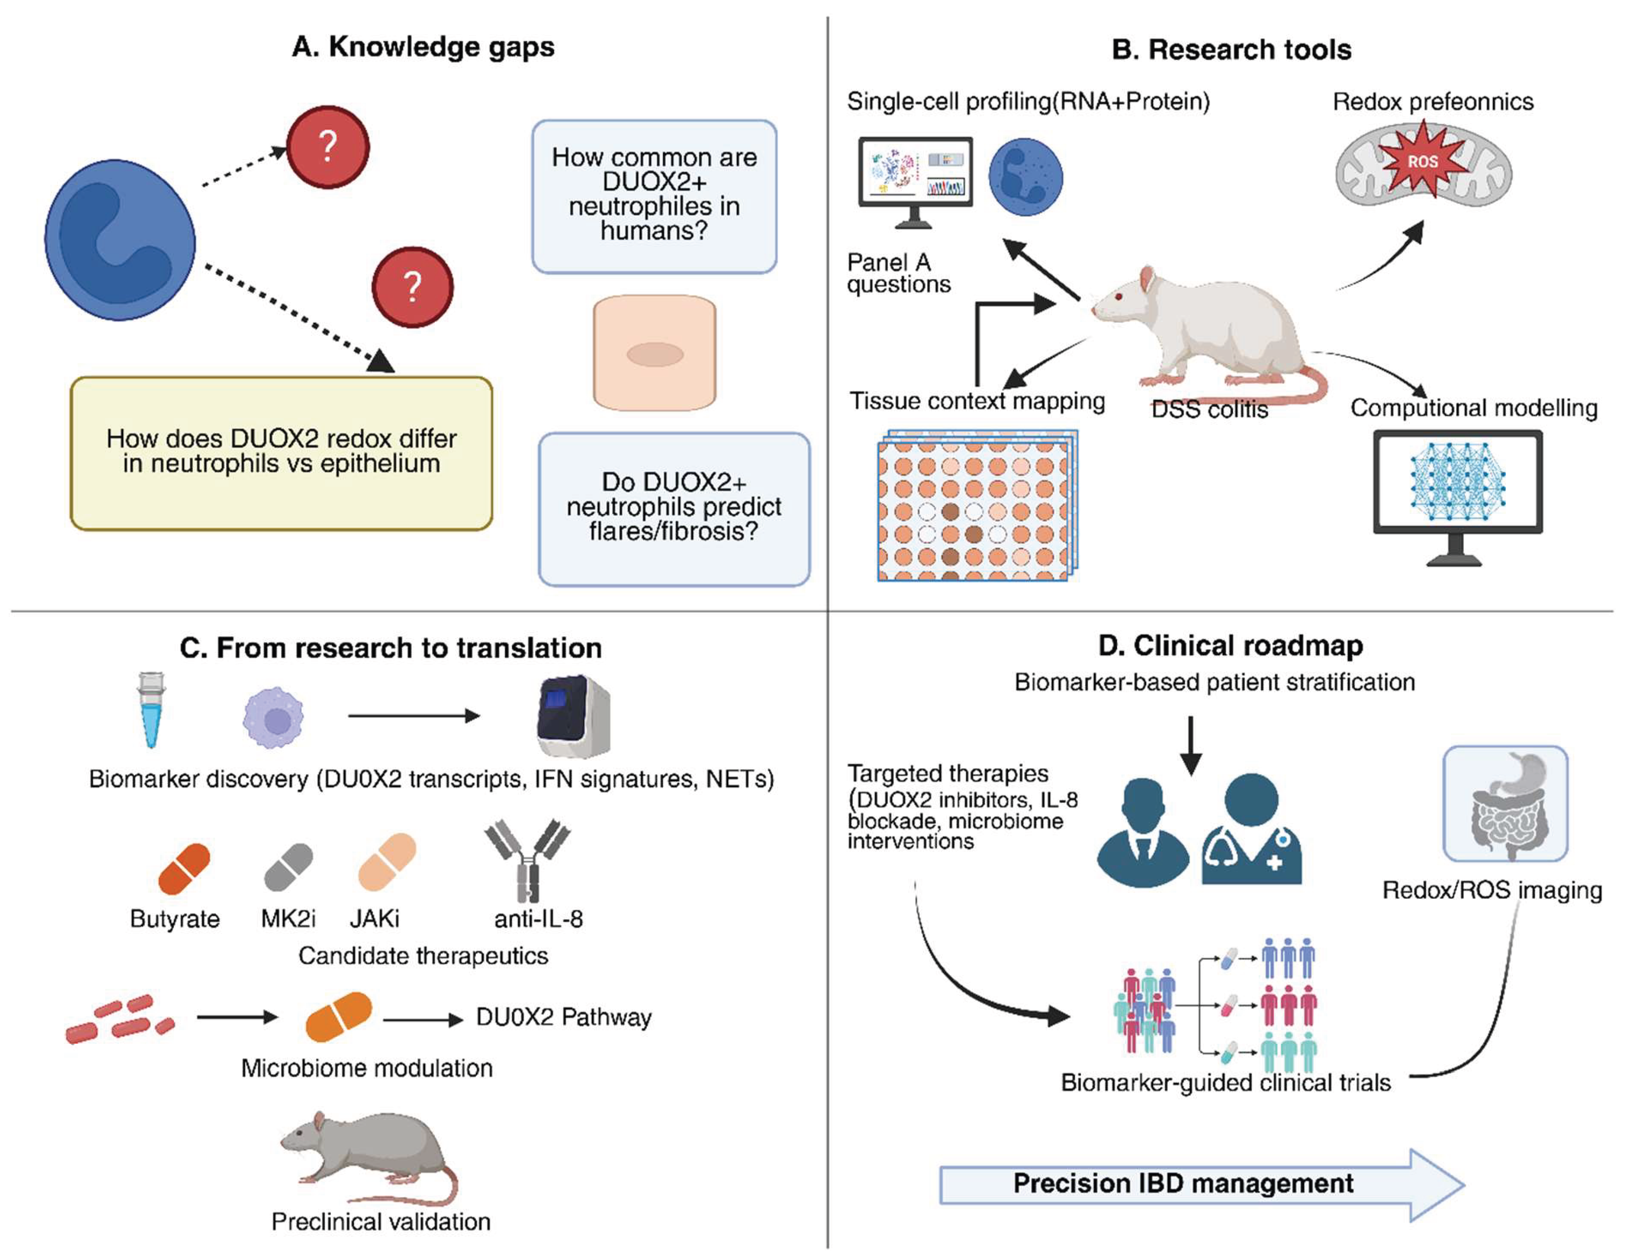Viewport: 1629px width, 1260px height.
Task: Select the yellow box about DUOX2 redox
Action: tap(281, 453)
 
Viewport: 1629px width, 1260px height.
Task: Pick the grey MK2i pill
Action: tap(289, 867)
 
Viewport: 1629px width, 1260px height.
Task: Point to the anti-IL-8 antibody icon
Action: tap(527, 861)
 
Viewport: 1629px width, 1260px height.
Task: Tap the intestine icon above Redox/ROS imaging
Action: tap(1505, 803)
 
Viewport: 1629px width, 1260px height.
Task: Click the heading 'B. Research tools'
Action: tap(1232, 49)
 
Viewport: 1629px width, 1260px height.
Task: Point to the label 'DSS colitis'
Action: tap(1209, 410)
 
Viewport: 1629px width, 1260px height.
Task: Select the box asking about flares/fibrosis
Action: tap(674, 508)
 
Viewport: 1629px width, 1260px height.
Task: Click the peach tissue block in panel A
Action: tap(654, 353)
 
